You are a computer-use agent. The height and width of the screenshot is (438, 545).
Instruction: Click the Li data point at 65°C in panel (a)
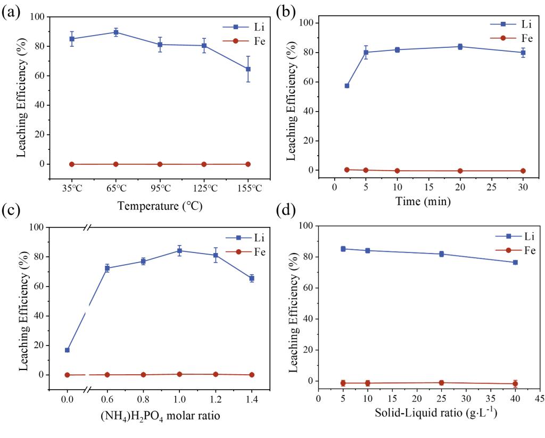tap(116, 32)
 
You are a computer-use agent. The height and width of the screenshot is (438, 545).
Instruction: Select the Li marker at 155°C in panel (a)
tap(248, 69)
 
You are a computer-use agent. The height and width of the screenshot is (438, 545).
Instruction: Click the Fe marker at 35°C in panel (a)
tap(72, 164)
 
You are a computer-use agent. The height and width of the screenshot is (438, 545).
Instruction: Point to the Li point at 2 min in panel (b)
tap(347, 86)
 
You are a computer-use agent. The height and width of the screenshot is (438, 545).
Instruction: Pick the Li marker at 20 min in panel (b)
tap(460, 47)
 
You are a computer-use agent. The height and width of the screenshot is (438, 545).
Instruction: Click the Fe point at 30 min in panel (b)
tap(523, 171)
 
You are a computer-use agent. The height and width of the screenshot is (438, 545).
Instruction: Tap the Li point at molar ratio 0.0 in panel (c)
tap(67, 350)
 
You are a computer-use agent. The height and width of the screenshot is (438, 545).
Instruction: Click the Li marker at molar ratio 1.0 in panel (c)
tap(179, 251)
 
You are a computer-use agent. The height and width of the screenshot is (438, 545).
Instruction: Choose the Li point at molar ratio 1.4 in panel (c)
tap(252, 278)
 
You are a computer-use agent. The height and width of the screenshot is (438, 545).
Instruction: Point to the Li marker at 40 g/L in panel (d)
tap(515, 263)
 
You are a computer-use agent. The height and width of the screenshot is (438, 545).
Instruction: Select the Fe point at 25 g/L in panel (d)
tap(441, 383)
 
